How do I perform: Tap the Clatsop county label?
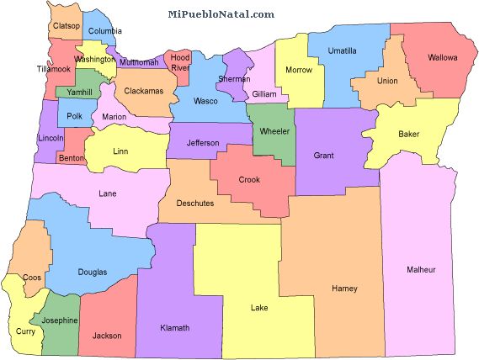67,26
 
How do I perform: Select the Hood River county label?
180,62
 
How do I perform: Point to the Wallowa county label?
442,58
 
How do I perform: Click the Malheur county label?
421,269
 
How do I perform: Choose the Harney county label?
344,288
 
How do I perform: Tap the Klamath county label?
174,327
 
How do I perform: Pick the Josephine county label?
60,320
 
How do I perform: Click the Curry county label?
25,331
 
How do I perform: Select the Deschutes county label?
195,203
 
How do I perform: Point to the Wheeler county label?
274,131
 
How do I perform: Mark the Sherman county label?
234,78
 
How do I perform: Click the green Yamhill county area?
76,92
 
